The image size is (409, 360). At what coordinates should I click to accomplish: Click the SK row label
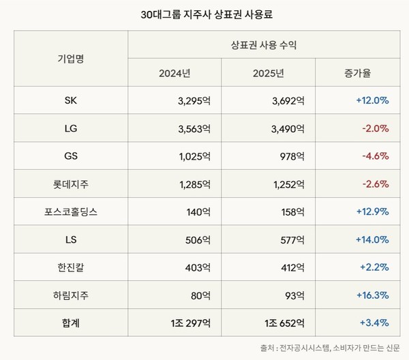click(x=70, y=100)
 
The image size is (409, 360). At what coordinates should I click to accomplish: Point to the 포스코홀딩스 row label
click(x=70, y=211)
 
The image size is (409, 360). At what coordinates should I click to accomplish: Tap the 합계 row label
click(x=70, y=322)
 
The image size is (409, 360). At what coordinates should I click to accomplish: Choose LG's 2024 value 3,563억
click(x=192, y=128)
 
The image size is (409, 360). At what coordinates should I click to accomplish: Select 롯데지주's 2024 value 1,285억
click(x=192, y=183)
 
